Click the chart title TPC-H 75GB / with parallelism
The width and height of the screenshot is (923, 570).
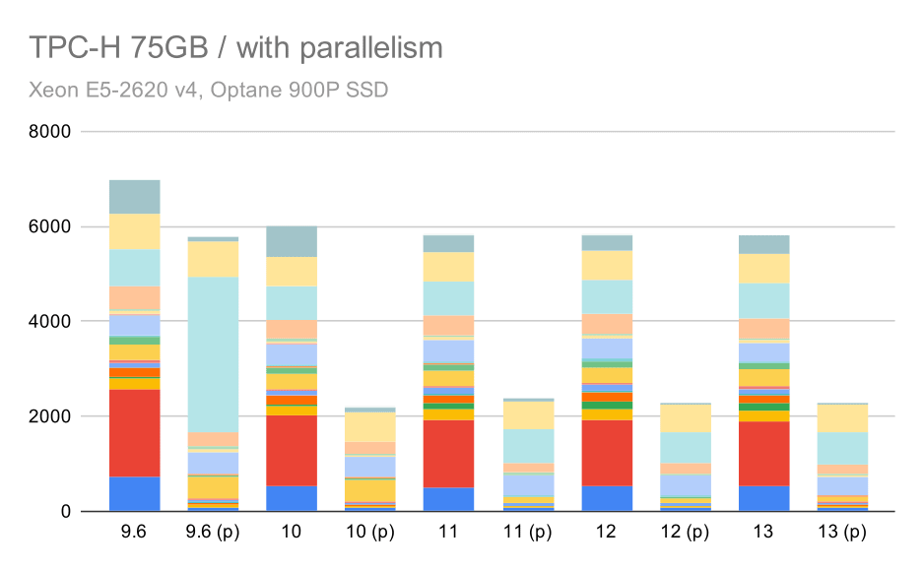[236, 47]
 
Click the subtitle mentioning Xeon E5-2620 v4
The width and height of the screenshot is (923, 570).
[209, 90]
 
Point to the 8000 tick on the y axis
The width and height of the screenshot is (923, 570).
[54, 132]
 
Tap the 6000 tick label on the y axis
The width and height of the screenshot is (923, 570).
[54, 227]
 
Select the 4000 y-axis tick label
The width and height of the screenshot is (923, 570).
[54, 322]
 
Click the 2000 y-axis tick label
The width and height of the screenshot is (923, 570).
[54, 417]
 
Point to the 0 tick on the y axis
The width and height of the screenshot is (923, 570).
[66, 512]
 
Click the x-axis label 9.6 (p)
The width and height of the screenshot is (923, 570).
[212, 534]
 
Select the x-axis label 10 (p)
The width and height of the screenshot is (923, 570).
[370, 534]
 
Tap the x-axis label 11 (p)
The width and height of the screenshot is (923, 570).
[527, 534]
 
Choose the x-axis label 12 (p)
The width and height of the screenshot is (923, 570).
[686, 534]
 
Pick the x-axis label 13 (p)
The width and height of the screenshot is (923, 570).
[842, 534]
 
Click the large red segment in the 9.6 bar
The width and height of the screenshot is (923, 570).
[134, 433]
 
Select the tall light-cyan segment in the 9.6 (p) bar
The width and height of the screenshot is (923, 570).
[213, 354]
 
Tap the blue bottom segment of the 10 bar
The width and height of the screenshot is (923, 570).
[292, 498]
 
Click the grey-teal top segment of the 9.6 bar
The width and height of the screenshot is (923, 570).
[134, 197]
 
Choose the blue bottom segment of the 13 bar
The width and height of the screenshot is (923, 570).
[764, 498]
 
